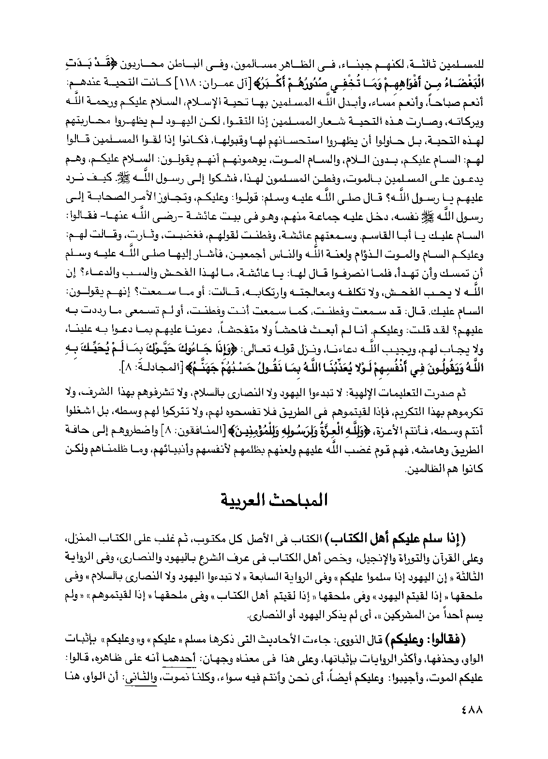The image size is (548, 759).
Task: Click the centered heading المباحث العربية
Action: [274, 500]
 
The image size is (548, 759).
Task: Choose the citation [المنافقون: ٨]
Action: [193, 432]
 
